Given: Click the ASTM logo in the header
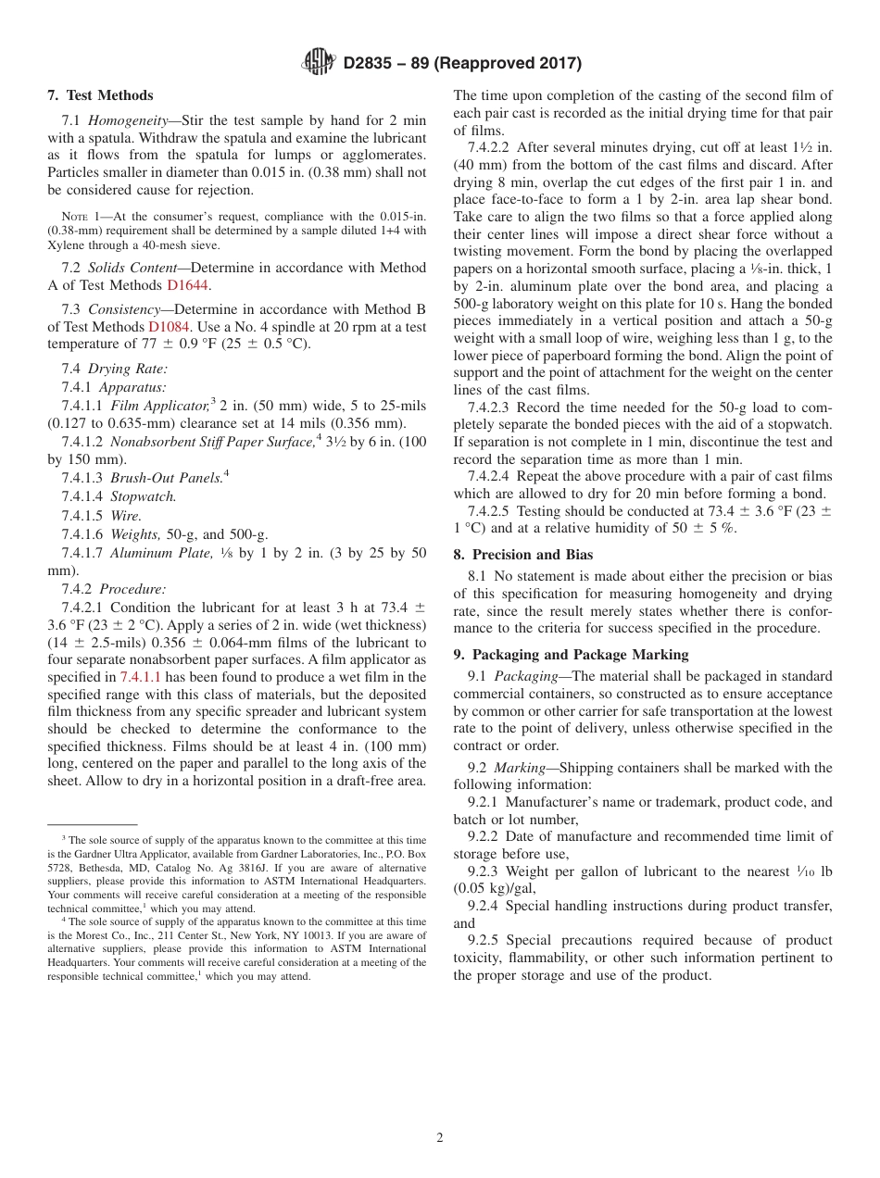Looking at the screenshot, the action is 320,63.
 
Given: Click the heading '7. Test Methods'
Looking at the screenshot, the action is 100,95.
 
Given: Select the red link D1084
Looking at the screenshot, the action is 168,327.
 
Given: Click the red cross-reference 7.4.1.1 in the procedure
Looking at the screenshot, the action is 141,677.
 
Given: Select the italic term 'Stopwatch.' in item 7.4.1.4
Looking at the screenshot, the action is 144,497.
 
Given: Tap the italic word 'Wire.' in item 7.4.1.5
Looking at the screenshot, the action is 126,516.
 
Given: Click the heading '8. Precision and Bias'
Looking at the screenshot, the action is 523,555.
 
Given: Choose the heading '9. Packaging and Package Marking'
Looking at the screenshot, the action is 571,655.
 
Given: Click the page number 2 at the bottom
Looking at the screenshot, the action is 440,1138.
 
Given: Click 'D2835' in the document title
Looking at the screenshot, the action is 371,64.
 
